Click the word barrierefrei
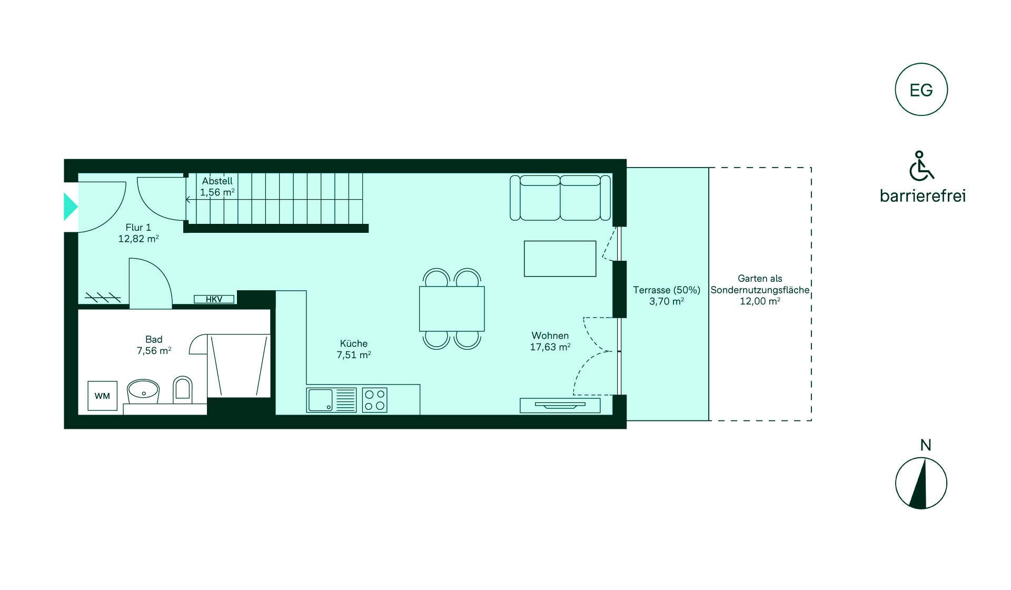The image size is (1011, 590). [x=923, y=196]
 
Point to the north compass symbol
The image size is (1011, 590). [x=921, y=483]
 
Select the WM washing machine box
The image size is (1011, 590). [x=102, y=396]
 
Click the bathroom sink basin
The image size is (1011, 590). [x=143, y=391]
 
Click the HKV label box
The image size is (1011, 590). [x=214, y=299]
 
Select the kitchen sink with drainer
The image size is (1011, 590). [x=331, y=400]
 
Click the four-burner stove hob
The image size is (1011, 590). [x=374, y=400]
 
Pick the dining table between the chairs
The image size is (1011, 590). [x=452, y=309]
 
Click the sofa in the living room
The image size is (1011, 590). [x=560, y=198]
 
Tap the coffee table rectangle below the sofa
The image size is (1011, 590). [x=560, y=259]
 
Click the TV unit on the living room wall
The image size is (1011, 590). [x=560, y=405]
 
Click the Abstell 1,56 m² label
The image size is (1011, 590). [x=217, y=186]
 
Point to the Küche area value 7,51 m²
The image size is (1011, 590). [x=354, y=355]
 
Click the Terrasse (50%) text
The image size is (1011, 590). [x=667, y=290]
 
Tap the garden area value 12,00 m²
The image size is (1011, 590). [x=760, y=301]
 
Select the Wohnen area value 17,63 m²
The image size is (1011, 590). [x=550, y=347]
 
